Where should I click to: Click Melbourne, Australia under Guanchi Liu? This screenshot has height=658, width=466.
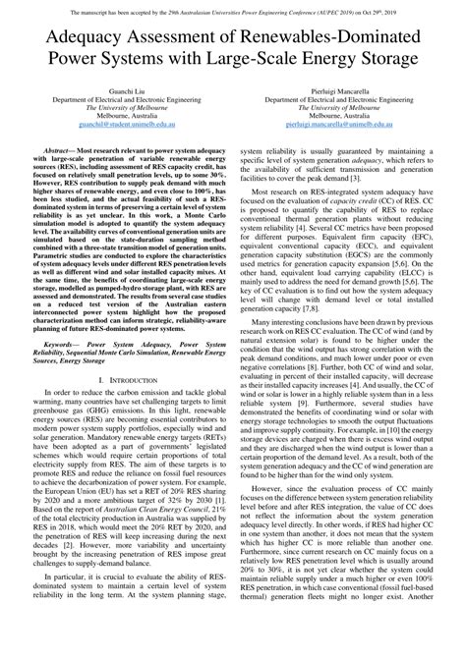click(x=117, y=116)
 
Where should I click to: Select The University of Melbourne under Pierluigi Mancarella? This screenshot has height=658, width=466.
click(x=349, y=107)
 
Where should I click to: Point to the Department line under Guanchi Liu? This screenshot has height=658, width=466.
click(x=117, y=98)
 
